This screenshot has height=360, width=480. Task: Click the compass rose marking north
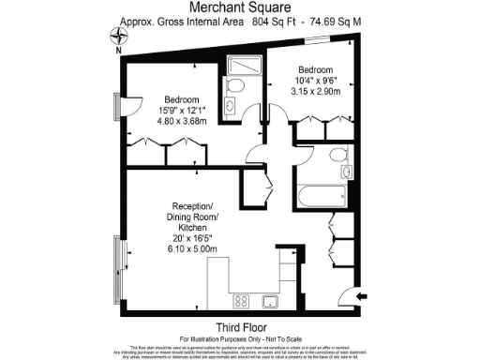118,37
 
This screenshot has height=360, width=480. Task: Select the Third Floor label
239,326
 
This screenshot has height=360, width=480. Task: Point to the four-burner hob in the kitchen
239,301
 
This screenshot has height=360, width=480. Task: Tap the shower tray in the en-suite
236,65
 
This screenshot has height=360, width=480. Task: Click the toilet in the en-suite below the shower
235,87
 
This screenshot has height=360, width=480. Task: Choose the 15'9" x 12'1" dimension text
181,111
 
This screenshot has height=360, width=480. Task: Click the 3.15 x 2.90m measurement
314,91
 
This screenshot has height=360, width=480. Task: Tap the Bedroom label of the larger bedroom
181,99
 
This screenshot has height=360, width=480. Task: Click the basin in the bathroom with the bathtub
346,173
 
